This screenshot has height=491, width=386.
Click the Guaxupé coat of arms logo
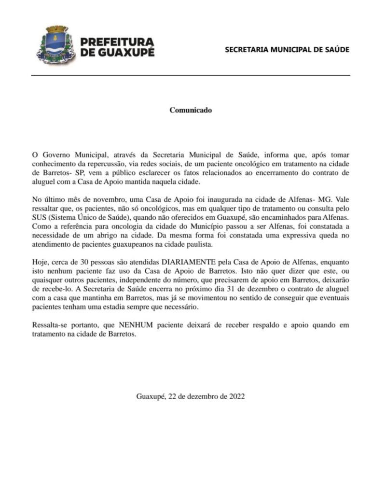pos(54,46)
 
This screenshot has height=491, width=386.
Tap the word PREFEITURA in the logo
pos(117,42)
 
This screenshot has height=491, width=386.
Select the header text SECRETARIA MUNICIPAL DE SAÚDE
pos(287,50)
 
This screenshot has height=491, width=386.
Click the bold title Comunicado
pos(191,110)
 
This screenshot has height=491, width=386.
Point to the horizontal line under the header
pos(191,76)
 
